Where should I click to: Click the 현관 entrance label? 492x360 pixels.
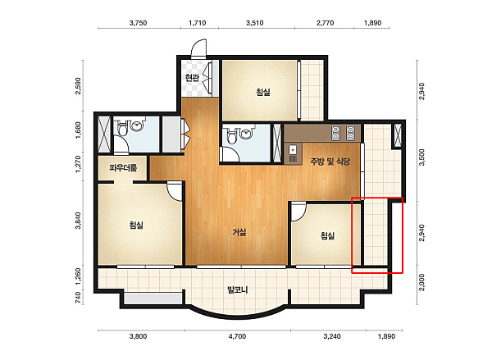tap(192, 77)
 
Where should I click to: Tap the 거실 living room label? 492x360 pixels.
tap(239, 232)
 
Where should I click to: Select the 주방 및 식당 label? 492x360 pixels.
tap(330, 162)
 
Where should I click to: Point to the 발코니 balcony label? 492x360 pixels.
tap(238, 289)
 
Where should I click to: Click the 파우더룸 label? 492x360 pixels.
tap(123, 168)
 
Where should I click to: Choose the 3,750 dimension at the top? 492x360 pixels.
tap(138, 23)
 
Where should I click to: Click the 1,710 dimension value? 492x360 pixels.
tap(198, 23)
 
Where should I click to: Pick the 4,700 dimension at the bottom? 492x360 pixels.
tap(238, 336)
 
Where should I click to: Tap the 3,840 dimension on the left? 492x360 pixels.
tap(78, 221)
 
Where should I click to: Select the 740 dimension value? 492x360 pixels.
tap(78, 298)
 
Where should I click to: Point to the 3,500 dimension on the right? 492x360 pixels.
tap(421, 157)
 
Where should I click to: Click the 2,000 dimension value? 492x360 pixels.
tap(421, 282)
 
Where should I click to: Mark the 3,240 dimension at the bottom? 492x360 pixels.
tap(332, 336)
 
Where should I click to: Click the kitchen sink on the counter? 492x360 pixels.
tap(293, 150)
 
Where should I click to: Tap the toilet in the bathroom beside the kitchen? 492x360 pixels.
tap(232, 136)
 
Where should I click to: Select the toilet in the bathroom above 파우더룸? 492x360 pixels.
tap(122, 129)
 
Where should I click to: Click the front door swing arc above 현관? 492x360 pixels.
tap(198, 48)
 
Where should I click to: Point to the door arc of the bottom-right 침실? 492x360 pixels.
tap(298, 212)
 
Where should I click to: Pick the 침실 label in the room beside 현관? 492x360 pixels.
tap(263, 92)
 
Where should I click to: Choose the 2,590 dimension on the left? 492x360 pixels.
tap(78, 85)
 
